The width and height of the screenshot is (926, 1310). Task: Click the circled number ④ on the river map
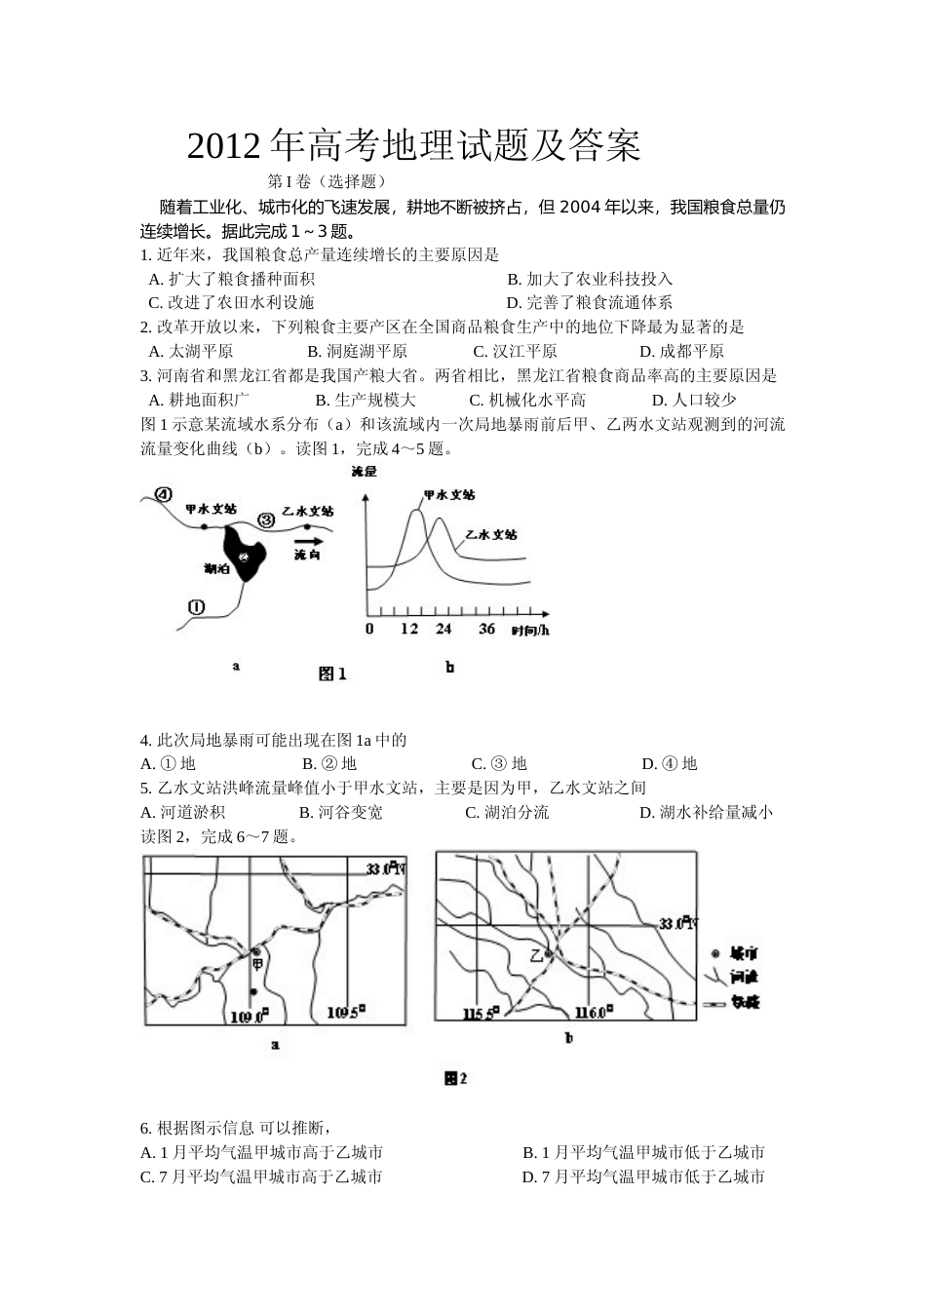pyautogui.click(x=163, y=494)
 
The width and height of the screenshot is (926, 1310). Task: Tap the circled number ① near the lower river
pyautogui.click(x=196, y=606)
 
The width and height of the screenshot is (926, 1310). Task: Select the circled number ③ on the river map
pyautogui.click(x=265, y=519)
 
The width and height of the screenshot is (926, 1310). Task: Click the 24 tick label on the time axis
pyautogui.click(x=444, y=629)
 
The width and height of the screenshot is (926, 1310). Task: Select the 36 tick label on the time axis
pyautogui.click(x=487, y=629)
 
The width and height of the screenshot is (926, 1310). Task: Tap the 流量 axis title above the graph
pyautogui.click(x=363, y=472)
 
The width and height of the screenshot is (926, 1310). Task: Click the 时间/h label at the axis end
pyautogui.click(x=530, y=630)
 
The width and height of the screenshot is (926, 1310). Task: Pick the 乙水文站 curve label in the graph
pyautogui.click(x=491, y=534)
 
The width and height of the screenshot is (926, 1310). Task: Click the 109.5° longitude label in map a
pyautogui.click(x=345, y=1014)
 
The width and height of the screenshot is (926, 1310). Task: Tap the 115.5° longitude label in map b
pyautogui.click(x=481, y=1014)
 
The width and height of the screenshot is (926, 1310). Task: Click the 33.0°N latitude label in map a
pyautogui.click(x=385, y=867)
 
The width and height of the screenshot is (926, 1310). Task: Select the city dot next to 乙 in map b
pyautogui.click(x=549, y=953)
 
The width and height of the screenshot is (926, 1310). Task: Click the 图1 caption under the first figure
pyautogui.click(x=332, y=674)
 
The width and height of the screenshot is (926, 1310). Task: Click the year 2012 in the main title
pyautogui.click(x=224, y=146)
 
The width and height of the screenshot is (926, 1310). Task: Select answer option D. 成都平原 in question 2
pyautogui.click(x=681, y=351)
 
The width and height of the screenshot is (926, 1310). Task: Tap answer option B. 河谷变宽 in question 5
pyautogui.click(x=341, y=812)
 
